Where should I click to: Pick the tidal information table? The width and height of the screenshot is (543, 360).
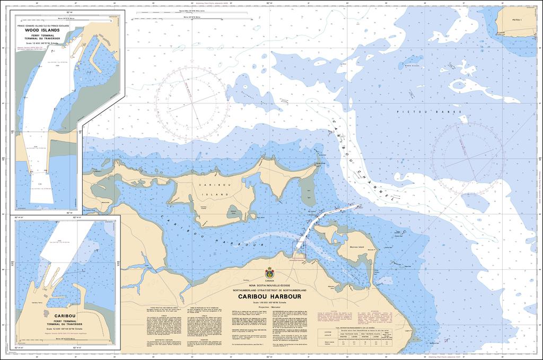[x=356, y=339]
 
